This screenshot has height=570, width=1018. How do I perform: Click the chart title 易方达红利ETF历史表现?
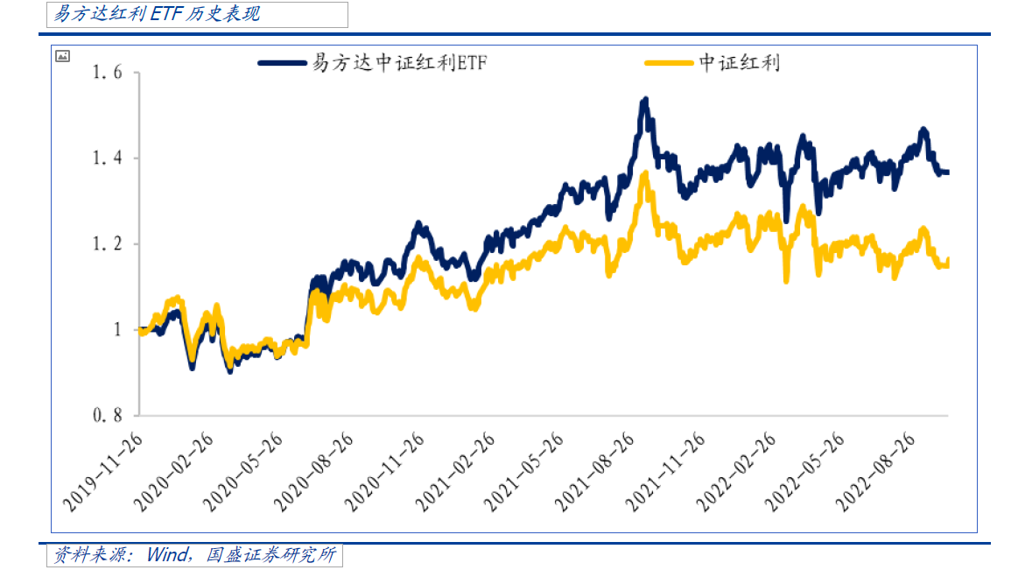tap(158, 14)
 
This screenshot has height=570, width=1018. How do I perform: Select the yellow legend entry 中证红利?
tap(740, 63)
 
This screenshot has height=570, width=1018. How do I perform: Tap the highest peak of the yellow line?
tap(645, 174)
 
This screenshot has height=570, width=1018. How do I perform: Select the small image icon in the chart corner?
tap(62, 56)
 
